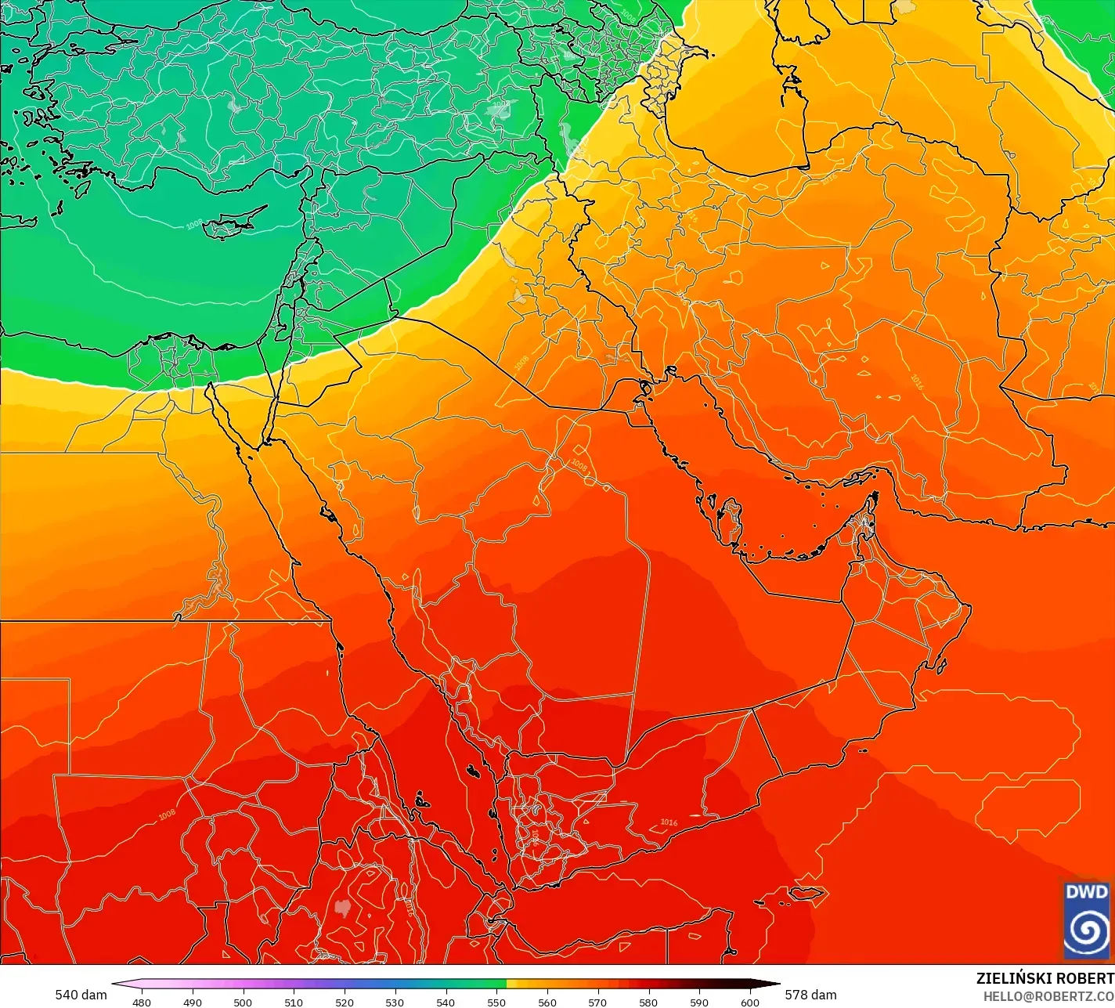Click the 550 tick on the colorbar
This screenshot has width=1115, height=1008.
[x=496, y=1002]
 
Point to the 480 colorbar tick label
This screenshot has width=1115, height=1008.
[x=142, y=1002]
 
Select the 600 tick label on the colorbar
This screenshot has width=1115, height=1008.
[x=750, y=1002]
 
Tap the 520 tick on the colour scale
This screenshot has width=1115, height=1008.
[x=345, y=1002]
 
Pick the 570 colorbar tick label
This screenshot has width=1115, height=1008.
[x=597, y=1002]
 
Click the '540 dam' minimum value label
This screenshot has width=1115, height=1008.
[x=81, y=995]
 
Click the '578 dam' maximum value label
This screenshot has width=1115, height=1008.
[x=810, y=995]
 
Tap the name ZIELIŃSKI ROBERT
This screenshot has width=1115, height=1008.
[x=1045, y=978]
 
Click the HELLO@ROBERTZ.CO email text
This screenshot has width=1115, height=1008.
[x=1048, y=995]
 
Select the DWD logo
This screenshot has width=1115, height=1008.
[x=1087, y=919]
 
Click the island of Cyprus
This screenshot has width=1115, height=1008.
[x=233, y=224]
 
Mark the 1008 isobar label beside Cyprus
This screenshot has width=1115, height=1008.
[x=194, y=225]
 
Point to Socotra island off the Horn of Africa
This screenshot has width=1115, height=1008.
[x=807, y=894]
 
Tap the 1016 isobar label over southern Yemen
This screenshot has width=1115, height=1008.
[x=669, y=822]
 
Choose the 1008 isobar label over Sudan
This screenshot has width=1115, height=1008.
[x=167, y=815]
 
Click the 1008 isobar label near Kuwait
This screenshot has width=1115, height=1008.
[x=579, y=465]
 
